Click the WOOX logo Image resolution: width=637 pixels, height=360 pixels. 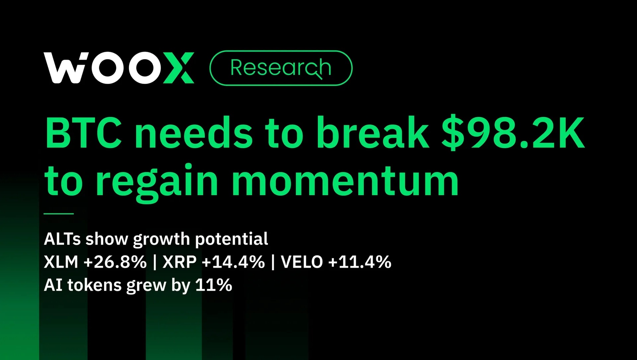pos(119,68)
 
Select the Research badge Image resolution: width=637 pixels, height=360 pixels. pos(281,68)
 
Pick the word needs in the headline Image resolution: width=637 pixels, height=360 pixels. pos(193,132)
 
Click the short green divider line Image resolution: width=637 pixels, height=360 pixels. pos(59,214)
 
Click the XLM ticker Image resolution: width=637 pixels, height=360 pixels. pos(61,262)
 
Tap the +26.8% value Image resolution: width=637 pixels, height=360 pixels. pos(115,262)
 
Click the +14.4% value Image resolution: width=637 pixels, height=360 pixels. pos(234,262)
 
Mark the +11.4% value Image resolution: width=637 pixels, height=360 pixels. pos(360,262)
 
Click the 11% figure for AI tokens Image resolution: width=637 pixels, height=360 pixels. pos(214,285)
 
